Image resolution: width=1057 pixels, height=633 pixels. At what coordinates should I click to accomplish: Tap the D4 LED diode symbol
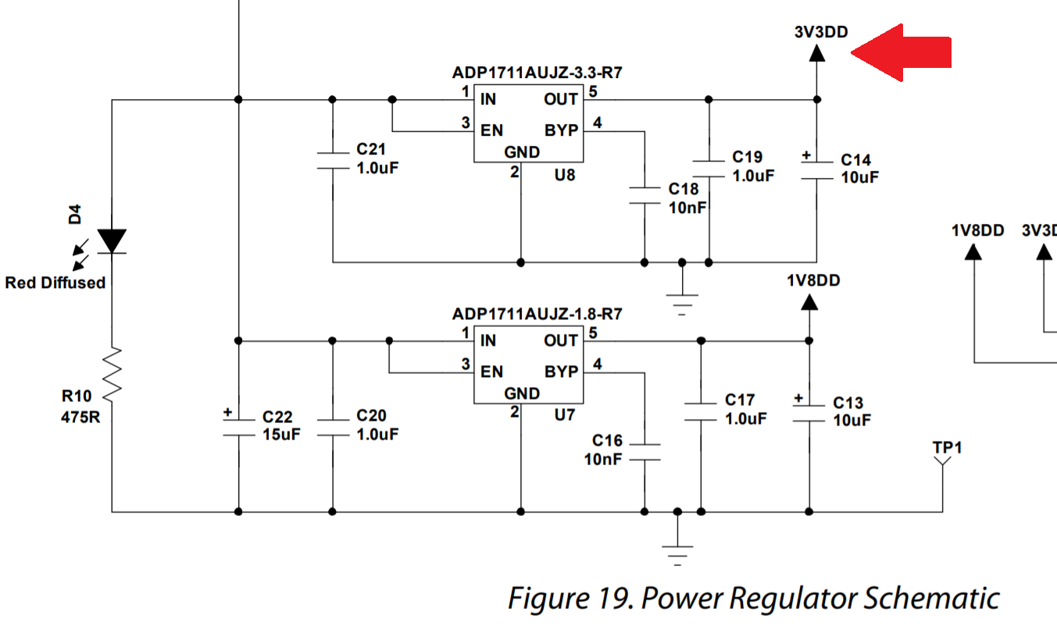(x=112, y=241)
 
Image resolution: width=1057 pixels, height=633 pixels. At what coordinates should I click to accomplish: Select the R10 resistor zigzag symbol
(x=112, y=375)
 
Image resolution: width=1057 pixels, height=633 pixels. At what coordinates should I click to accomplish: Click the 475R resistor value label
(x=80, y=417)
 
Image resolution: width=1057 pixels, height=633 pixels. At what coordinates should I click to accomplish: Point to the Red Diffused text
(x=55, y=283)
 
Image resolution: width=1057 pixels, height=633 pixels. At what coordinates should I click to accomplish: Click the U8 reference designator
(x=564, y=176)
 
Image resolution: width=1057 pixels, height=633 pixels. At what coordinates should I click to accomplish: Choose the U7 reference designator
(x=564, y=414)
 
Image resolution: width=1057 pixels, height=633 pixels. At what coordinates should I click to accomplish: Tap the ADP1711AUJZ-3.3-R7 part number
(x=537, y=73)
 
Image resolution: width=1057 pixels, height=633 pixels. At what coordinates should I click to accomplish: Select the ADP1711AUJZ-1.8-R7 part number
(x=537, y=314)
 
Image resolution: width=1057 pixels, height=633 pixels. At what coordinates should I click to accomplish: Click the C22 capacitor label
(x=277, y=417)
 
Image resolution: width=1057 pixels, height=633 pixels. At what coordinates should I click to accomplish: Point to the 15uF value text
(x=281, y=435)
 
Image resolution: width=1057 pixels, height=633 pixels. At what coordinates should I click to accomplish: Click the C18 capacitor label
(x=684, y=189)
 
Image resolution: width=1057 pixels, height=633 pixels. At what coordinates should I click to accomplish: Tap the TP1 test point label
(x=947, y=447)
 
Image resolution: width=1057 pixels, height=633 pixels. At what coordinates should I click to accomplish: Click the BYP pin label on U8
(x=561, y=130)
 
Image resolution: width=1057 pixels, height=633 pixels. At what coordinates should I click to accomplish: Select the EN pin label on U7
(x=491, y=372)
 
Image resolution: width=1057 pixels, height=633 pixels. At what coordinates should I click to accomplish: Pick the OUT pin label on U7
(x=561, y=340)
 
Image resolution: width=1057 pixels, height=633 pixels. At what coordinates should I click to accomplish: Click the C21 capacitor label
(x=371, y=149)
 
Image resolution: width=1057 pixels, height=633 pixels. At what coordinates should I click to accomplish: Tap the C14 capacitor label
(x=855, y=160)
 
